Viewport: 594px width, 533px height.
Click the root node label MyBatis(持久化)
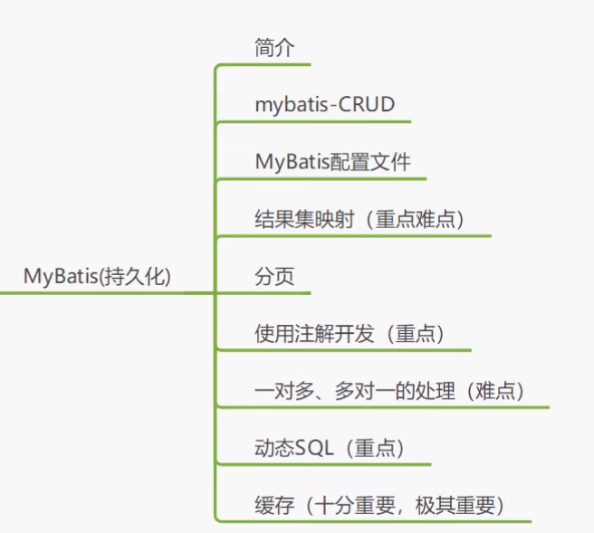pyautogui.click(x=97, y=277)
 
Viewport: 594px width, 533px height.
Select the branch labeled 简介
pyautogui.click(x=274, y=49)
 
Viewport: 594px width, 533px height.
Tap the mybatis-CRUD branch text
pyautogui.click(x=325, y=105)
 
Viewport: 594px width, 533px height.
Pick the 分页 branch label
pyautogui.click(x=274, y=277)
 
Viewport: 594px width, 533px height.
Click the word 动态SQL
pyautogui.click(x=294, y=448)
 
